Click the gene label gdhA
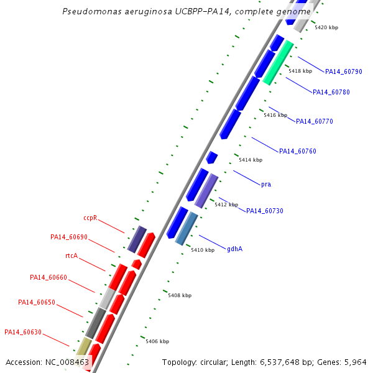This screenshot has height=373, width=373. click(x=234, y=249)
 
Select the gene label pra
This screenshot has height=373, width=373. click(x=266, y=185)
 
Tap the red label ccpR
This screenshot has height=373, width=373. click(x=90, y=218)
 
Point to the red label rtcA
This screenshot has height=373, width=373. click(x=71, y=256)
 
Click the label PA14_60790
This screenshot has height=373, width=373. click(x=344, y=71)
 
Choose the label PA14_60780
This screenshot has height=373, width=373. click(x=331, y=92)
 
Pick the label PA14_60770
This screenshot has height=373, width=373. click(x=314, y=121)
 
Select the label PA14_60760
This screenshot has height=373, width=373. click(x=298, y=151)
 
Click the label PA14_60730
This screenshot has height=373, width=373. click(x=265, y=211)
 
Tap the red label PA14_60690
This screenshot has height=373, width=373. click(x=69, y=237)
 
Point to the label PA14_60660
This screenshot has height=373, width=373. click(x=48, y=277)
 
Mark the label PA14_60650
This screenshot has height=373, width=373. click(x=37, y=302)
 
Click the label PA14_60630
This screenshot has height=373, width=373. click(x=23, y=332)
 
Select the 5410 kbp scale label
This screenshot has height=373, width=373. click(x=203, y=250)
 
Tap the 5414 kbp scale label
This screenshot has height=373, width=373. click(x=251, y=160)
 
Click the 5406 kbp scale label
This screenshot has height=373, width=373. click(x=157, y=341)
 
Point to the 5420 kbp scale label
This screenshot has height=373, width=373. click(x=326, y=27)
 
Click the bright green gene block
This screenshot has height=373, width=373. click(x=278, y=63)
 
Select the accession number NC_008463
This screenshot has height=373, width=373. click(x=67, y=362)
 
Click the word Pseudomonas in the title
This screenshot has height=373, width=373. click(x=92, y=11)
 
